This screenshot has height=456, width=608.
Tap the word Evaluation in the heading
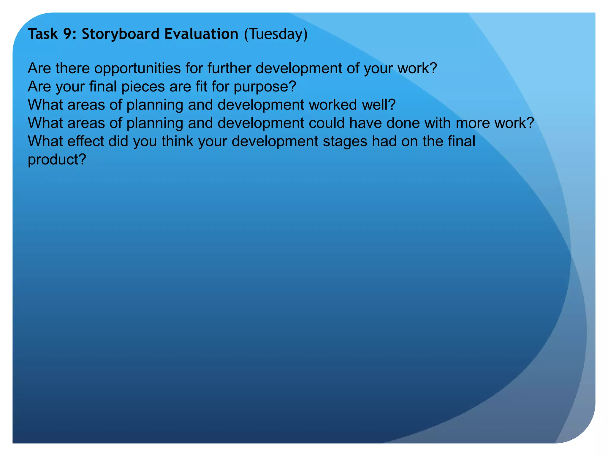point(201,34)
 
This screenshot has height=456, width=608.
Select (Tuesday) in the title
point(276,34)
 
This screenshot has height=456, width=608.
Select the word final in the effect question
point(461,142)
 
